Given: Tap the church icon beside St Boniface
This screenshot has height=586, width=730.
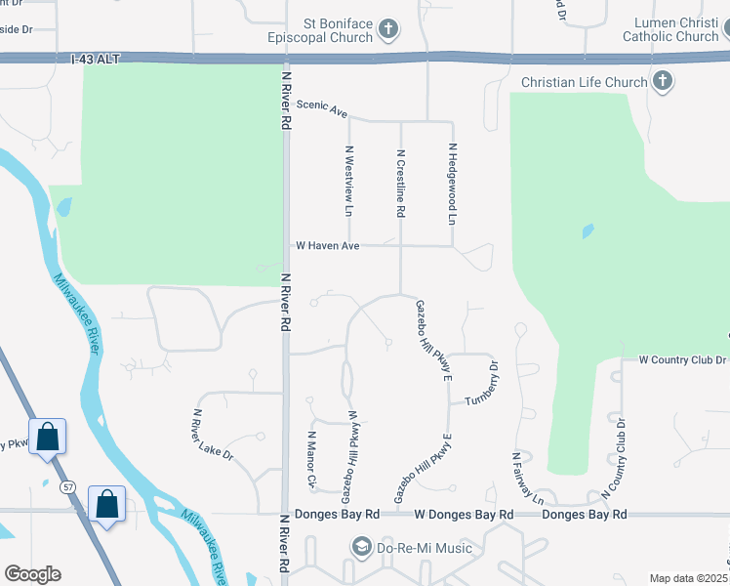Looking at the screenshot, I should pos(388,29).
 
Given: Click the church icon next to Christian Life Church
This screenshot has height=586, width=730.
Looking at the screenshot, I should pos(663,82).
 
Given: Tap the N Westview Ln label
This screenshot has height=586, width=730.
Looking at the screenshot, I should pos(348,181).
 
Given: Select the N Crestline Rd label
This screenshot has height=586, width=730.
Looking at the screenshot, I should pos(400,183).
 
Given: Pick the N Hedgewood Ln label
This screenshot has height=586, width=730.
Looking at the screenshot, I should pos(453,185).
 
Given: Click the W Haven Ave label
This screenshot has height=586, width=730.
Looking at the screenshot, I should pos(328,246).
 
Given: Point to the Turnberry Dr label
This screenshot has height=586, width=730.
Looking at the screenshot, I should pos(482,389).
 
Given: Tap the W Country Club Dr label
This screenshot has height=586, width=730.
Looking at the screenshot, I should pos(682,359).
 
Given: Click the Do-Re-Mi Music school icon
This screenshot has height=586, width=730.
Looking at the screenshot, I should pos(362,548).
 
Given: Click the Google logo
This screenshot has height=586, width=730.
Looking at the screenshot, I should pos(32,574).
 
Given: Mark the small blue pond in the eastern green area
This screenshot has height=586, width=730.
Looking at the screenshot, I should pos(588,231).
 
